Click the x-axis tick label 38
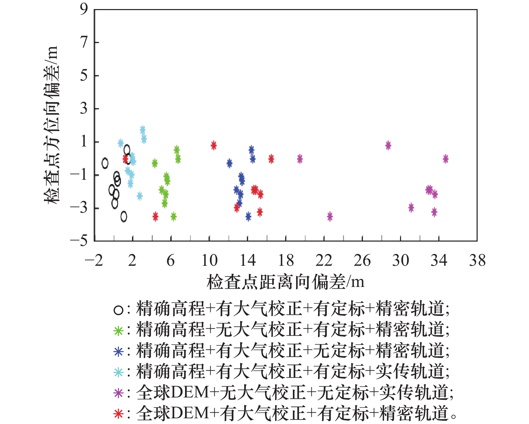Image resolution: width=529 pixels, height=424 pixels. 477,261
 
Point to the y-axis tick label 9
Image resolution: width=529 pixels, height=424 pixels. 84,9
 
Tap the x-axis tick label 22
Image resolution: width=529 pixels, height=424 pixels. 324,261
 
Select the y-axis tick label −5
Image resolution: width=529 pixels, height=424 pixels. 79,241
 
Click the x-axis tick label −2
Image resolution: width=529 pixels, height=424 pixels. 94,261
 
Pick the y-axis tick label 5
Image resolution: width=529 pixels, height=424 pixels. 84,75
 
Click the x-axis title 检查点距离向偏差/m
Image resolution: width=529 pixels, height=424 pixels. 285,282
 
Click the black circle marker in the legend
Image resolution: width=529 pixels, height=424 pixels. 118,310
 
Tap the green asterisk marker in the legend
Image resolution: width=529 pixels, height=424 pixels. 118,331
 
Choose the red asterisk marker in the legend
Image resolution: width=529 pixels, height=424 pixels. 118,414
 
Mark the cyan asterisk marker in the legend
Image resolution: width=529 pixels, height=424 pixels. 118,372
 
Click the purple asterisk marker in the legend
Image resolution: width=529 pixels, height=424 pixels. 118,393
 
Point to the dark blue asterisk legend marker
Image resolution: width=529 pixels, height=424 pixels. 118,351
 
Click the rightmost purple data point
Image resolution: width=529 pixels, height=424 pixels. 445,159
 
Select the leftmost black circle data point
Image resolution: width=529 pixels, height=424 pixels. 105,163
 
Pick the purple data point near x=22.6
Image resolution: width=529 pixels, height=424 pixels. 330,216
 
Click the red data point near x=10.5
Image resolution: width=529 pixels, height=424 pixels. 214,145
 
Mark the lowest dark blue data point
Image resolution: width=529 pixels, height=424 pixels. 248,216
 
